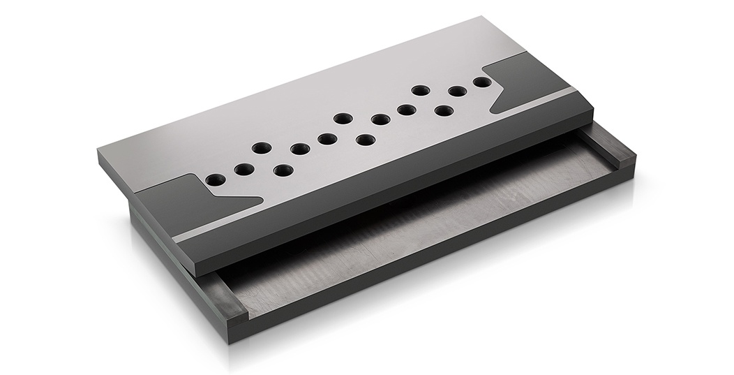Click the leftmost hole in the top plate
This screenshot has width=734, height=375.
click(x=215, y=180)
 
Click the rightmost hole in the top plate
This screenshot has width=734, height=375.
click(x=481, y=82)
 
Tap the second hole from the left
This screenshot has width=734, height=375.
click(x=244, y=170)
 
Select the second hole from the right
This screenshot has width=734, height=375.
click(x=457, y=91)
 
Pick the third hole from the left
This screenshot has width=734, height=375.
click(x=262, y=148)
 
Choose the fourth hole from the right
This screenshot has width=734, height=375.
click(x=420, y=90)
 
